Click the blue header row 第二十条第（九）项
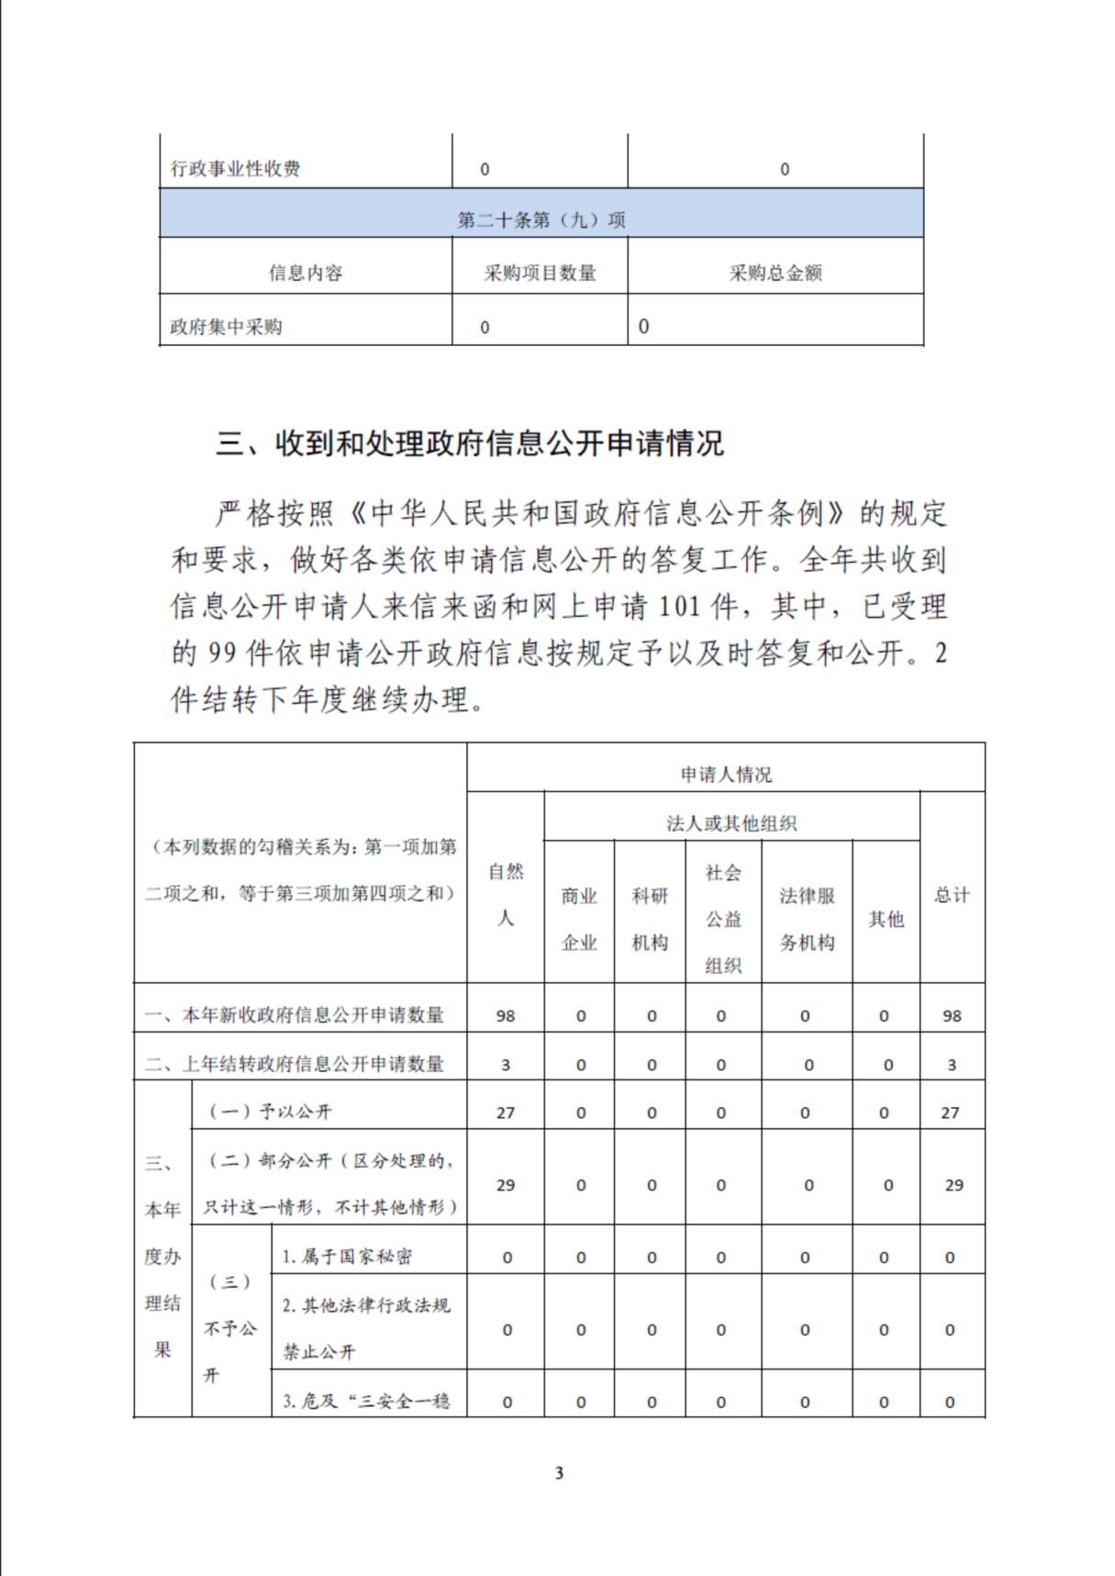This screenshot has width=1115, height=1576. point(541,219)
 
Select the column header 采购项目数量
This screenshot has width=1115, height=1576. point(540,273)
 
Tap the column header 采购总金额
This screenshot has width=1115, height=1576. point(775,273)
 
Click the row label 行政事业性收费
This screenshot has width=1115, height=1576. point(236,169)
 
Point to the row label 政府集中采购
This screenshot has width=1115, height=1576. point(226,327)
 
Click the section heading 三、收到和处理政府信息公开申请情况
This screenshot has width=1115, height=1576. point(469,444)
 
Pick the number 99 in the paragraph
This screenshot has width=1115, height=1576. point(222,654)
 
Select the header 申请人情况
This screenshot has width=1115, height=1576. point(725,775)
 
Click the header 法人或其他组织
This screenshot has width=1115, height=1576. point(731,823)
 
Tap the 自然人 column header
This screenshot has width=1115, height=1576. point(506,894)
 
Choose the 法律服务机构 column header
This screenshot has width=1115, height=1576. point(807,918)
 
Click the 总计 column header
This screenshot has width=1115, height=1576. point(952,895)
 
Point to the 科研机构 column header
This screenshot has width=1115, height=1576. point(650,918)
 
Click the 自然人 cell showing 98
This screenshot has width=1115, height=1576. point(506,1016)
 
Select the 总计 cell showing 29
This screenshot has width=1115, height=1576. point(953,1185)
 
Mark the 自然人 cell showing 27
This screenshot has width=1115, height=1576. point(506,1112)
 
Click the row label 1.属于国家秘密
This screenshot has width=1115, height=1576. point(347,1257)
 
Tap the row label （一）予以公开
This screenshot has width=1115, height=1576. point(271,1112)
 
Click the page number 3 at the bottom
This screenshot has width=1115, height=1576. point(559,1473)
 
